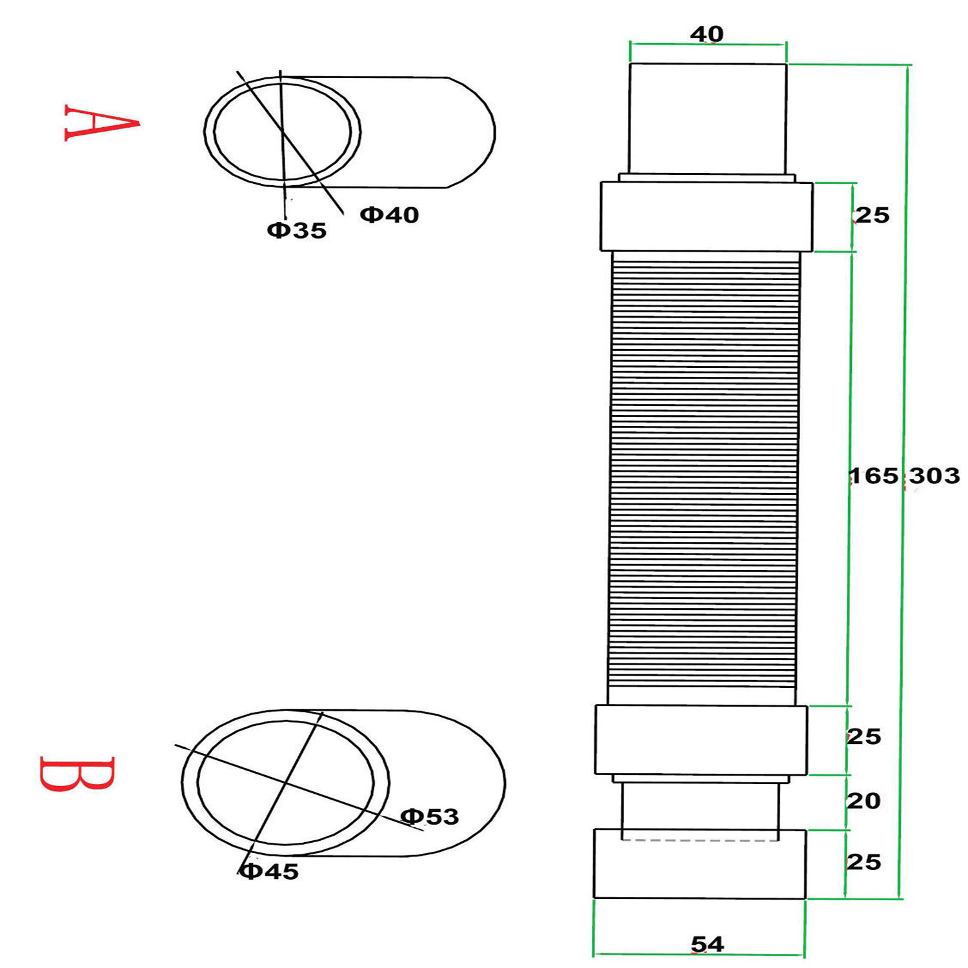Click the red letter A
pos(101,122)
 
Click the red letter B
pos(77,774)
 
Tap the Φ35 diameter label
pos(297,230)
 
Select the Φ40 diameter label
pos(389,215)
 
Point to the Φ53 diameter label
pos(430,816)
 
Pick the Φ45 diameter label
pos(269,872)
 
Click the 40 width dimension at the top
pos(707,34)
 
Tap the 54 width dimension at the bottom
pos(707,944)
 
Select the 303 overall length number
pos(934,476)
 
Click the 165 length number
pos(873,476)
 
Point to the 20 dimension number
pos(863,801)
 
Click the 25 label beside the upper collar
pos(872,215)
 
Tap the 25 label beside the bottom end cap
pos(863,862)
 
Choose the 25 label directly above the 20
pos(863,736)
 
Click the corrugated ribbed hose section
pos(704,478)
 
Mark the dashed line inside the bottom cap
pos(700,840)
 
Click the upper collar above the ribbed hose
pos(706,216)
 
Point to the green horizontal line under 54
pos(699,954)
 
